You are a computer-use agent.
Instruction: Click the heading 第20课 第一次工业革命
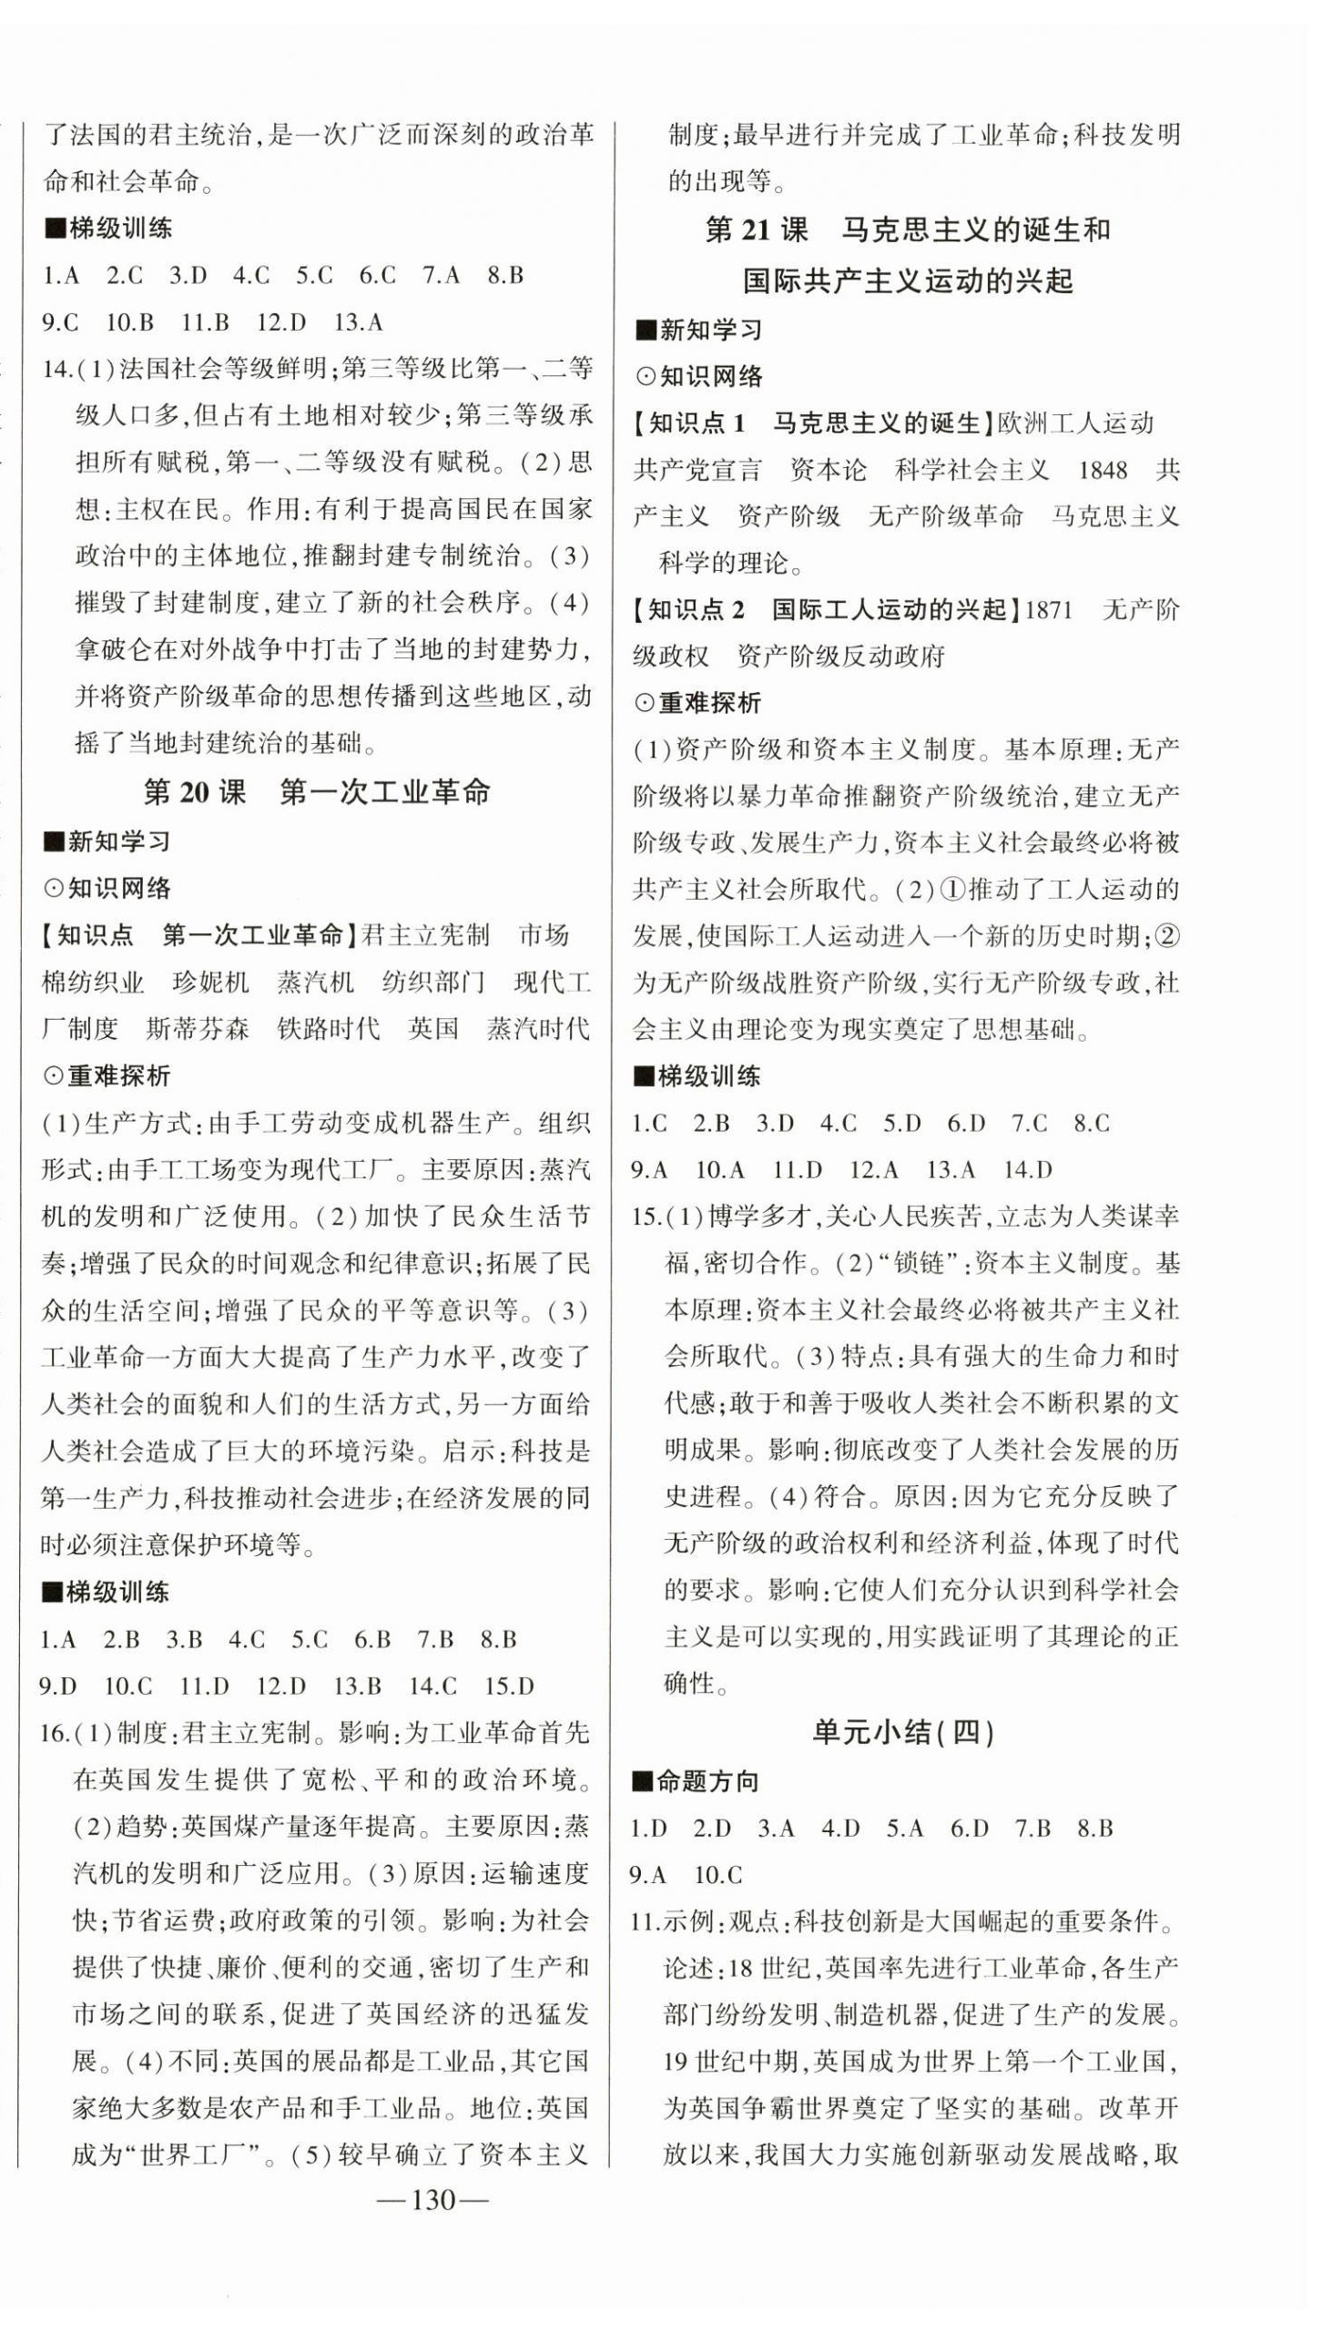coord(317,792)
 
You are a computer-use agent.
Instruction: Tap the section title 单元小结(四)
coord(903,1732)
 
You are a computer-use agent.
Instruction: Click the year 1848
coord(1103,470)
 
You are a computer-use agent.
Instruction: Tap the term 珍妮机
coord(210,983)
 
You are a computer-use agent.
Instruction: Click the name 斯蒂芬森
coord(198,1029)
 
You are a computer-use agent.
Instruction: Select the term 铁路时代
coord(329,1029)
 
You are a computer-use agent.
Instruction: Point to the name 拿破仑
coord(114,649)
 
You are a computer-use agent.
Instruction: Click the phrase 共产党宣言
coord(697,470)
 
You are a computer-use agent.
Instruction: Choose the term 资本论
coord(828,470)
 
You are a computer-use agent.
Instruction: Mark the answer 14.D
coord(1027,1170)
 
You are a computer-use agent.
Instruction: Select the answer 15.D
coord(509,1686)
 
